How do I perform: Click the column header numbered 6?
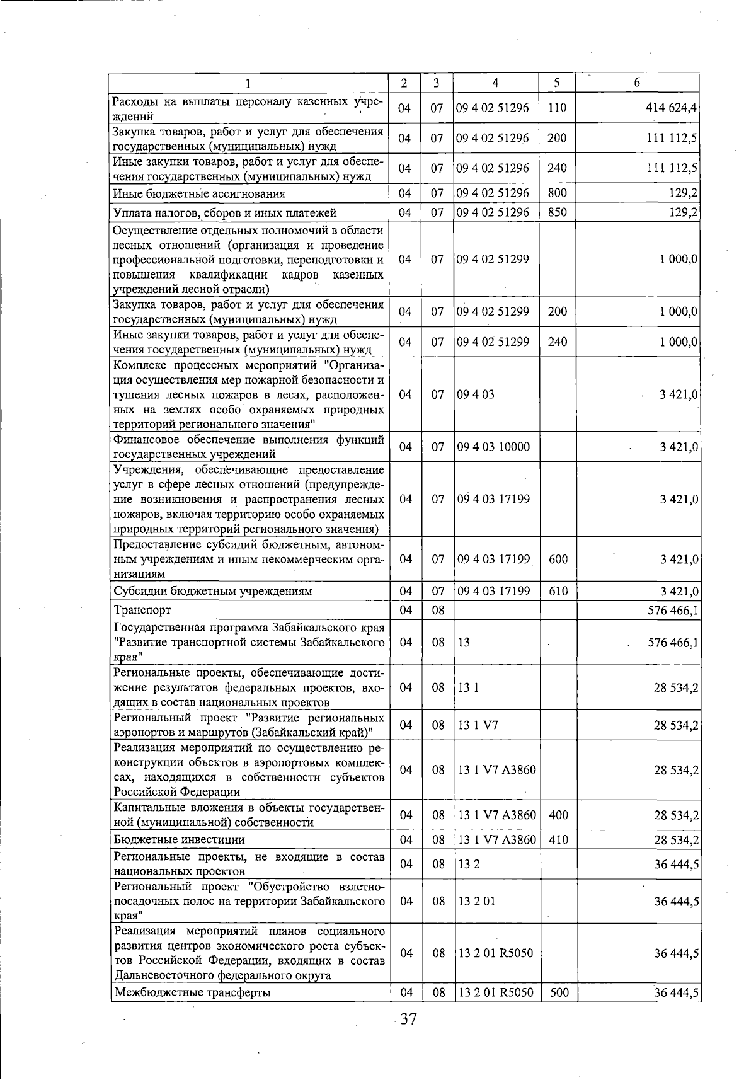[637, 83]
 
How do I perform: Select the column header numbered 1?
[248, 83]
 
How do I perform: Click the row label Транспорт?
[142, 610]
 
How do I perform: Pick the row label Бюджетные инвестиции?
[180, 839]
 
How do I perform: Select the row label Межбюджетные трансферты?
[192, 992]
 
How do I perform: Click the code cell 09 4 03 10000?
[493, 447]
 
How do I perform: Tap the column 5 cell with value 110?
[557, 108]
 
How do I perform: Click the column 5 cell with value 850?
[557, 212]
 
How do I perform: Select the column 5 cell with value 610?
[558, 591]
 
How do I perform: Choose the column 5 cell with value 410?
[558, 839]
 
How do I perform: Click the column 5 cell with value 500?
[558, 992]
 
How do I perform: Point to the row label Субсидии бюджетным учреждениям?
[213, 591]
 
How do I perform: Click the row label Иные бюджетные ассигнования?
[199, 193]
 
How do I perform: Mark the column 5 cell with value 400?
[558, 815]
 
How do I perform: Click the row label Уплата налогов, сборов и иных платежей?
[225, 212]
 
